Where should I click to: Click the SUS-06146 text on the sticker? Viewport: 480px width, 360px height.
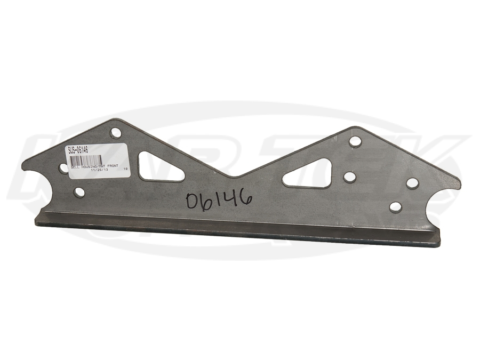(x=78, y=150)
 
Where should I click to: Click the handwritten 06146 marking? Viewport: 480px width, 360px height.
(x=219, y=200)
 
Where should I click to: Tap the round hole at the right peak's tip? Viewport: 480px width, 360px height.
(x=355, y=142)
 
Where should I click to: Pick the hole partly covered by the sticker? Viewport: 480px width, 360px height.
(x=64, y=168)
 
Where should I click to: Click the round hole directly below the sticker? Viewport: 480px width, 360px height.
(x=79, y=192)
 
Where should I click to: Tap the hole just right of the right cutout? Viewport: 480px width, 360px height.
(x=350, y=177)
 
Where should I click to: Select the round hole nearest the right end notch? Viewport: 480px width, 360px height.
(x=412, y=183)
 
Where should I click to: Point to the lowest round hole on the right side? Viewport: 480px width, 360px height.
(x=395, y=207)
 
